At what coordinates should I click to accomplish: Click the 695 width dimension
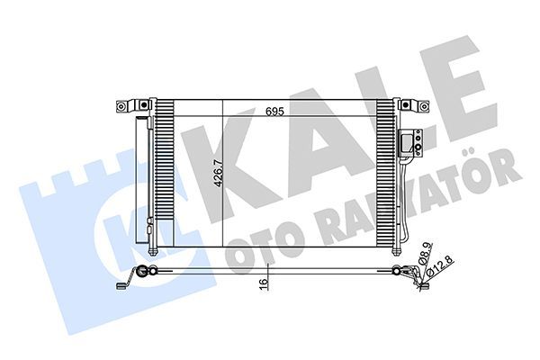pyautogui.click(x=275, y=113)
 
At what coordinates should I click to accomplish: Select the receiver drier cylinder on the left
pyautogui.click(x=143, y=180)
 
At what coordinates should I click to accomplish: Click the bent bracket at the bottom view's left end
pyautogui.click(x=125, y=283)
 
